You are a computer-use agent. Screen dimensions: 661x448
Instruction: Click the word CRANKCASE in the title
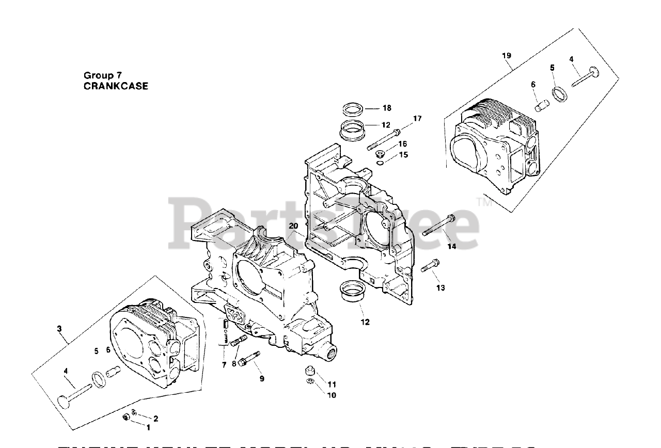point(116,87)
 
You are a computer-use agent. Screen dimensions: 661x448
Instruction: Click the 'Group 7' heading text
point(103,75)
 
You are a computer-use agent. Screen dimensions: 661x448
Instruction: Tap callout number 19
point(507,55)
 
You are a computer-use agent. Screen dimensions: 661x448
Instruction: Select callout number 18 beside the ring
point(387,108)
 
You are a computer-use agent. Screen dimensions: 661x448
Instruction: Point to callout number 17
point(417,119)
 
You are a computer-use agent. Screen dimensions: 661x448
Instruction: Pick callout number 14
point(452,247)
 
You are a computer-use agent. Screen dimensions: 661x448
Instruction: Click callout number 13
point(440,287)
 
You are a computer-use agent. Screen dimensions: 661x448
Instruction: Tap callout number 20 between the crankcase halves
point(293,226)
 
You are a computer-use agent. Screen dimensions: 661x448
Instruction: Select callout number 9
point(262,378)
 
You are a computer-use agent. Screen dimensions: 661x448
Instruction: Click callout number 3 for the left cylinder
point(59,328)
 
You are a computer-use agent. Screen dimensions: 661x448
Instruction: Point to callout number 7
point(224,365)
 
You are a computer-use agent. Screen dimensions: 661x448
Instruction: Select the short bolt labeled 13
point(430,267)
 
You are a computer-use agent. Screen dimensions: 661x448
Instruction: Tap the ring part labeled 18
point(353,109)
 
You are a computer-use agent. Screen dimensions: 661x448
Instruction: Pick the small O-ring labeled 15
point(380,164)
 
